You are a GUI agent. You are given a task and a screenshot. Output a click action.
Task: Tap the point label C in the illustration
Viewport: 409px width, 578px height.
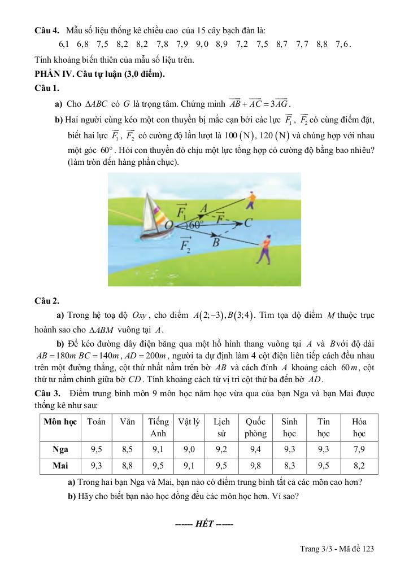click(247, 223)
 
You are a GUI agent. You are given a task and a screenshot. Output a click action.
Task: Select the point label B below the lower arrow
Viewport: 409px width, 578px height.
click(216, 243)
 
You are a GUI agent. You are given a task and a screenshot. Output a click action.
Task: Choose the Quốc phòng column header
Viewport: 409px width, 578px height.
click(255, 427)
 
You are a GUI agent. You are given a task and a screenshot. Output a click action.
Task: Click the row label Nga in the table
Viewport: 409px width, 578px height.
click(60, 449)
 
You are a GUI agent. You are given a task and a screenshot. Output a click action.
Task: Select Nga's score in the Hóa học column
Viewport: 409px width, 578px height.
click(359, 449)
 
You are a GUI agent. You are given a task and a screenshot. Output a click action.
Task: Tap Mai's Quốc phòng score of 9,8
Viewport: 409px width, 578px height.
click(255, 466)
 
